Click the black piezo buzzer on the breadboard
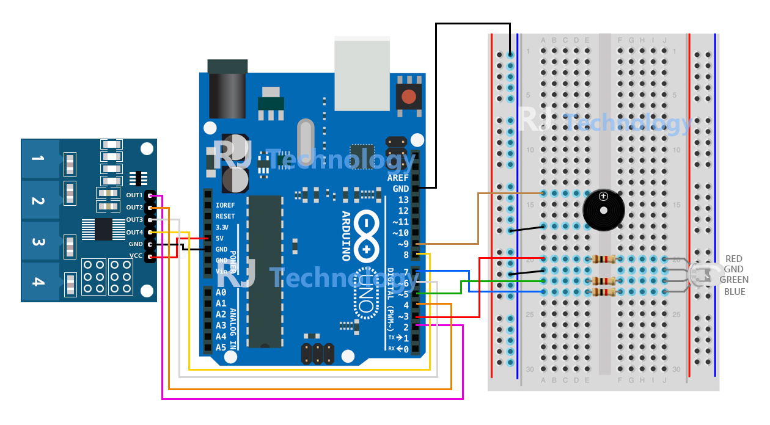603,209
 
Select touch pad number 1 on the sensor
38,159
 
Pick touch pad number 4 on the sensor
38,282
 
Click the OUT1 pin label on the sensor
134,195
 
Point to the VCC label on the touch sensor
136,255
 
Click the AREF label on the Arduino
398,178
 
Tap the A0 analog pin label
221,292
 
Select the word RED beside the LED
733,259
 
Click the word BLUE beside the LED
735,292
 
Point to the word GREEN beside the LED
734,280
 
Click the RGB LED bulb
703,275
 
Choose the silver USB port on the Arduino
362,73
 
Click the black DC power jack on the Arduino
227,89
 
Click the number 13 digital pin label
403,200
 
